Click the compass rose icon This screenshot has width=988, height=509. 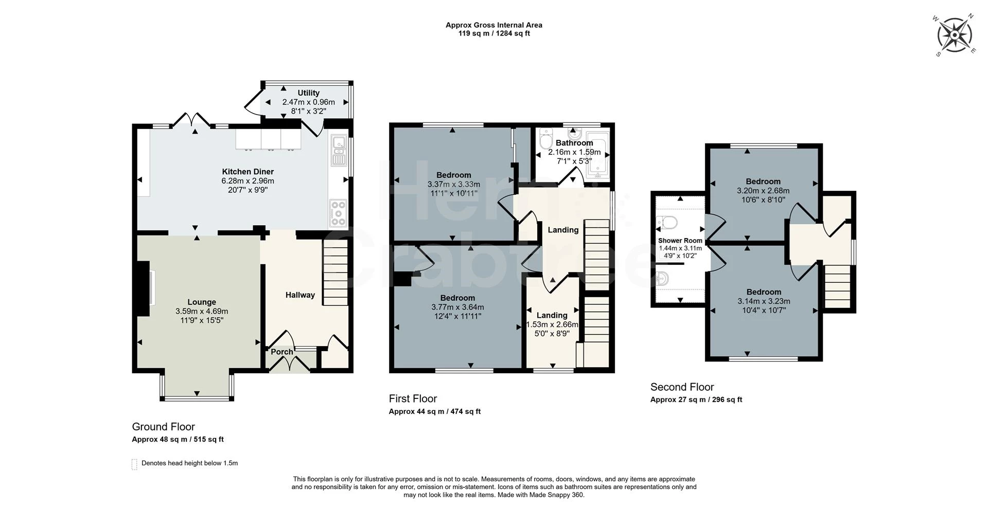(954, 35)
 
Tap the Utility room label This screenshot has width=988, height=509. (308, 93)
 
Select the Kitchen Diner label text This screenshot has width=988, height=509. (248, 172)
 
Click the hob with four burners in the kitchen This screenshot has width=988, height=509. (338, 213)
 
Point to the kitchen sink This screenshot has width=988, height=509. (339, 150)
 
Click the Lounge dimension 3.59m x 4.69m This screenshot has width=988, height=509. (202, 311)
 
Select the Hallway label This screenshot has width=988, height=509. (300, 295)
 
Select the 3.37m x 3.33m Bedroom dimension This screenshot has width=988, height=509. (453, 184)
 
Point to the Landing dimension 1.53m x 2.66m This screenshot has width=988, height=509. (552, 324)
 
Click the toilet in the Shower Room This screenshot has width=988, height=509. (668, 223)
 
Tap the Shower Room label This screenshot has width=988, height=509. (680, 241)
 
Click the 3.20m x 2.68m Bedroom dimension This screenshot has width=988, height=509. (763, 190)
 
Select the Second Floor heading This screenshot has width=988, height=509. (682, 387)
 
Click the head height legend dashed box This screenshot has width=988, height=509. (134, 464)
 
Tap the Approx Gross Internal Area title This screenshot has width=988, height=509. (493, 25)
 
